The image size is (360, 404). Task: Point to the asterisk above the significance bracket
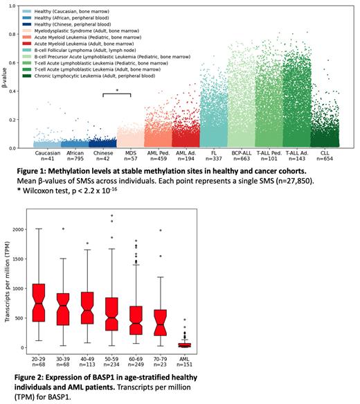click(x=117, y=91)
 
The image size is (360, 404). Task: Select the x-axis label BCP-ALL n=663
click(x=240, y=155)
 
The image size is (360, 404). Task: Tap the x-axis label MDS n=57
click(x=129, y=155)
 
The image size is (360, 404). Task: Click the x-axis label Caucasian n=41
click(x=47, y=155)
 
